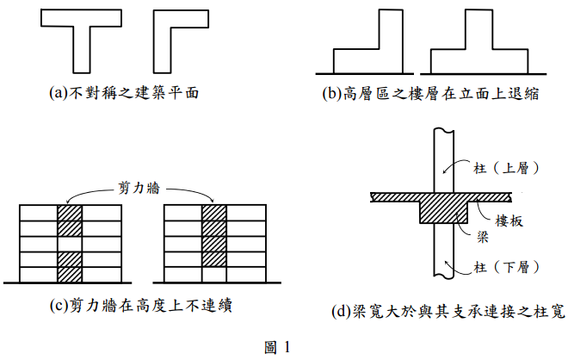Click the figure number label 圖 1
click(278, 347)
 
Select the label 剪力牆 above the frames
click(139, 184)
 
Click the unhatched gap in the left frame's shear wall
click(70, 245)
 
